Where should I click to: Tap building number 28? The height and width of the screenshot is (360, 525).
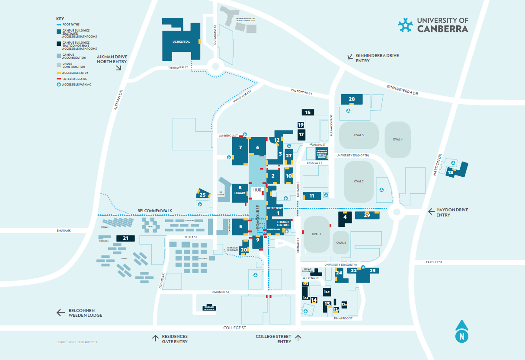352,99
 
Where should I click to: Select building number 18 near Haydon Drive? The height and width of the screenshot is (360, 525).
451,172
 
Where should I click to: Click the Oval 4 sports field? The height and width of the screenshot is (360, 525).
397,139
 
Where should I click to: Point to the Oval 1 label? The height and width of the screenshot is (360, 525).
316,234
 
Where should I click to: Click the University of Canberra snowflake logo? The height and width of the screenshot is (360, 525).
405,25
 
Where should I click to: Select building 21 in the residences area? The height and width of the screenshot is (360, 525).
125,238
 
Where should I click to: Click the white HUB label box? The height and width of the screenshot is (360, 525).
257,190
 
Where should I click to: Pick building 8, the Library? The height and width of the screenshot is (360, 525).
240,191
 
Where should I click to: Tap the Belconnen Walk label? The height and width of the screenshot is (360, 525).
154,210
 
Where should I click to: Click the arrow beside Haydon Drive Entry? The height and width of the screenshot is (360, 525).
431,211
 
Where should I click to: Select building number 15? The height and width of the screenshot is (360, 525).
308,112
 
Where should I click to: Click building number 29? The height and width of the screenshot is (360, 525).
367,215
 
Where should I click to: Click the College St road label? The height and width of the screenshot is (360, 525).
234,328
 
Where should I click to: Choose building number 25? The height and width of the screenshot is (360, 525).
202,194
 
